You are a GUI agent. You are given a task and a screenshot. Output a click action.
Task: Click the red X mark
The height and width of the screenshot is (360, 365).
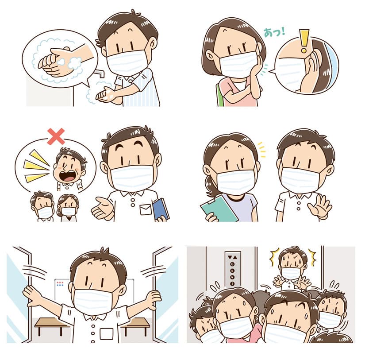pos(56,136)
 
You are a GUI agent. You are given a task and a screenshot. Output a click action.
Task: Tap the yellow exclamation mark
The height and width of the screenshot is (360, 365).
pos(304,41)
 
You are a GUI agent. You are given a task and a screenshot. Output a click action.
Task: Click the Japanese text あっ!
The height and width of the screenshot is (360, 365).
pos(274,32)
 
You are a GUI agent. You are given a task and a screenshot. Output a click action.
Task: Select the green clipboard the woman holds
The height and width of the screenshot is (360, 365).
pos(219,209)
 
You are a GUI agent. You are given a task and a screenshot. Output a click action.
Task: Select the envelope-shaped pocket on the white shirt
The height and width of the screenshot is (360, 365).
pos(146,209)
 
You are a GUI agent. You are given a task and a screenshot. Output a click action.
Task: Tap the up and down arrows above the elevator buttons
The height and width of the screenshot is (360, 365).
pos(233,257)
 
